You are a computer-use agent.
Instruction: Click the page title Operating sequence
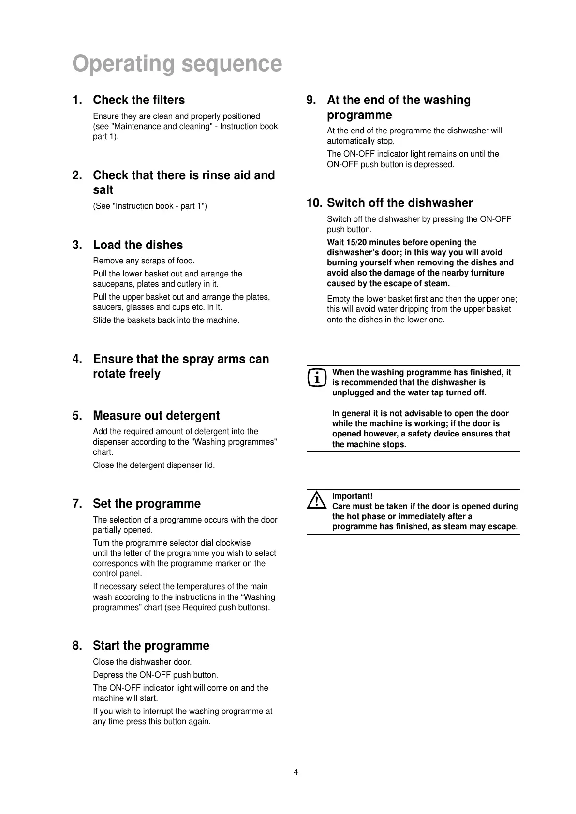point(177,64)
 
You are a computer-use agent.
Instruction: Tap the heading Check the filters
point(139,100)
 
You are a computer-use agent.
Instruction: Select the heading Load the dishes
point(138,245)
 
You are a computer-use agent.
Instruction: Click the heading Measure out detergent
point(156,416)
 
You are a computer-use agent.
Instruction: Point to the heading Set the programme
point(147,504)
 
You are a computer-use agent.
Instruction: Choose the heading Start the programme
point(151,646)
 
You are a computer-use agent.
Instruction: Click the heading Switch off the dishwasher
point(399,203)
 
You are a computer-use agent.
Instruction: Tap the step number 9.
point(311,100)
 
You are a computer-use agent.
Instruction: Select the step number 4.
point(77,359)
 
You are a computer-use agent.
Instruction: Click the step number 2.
point(77,175)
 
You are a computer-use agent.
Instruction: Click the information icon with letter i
point(316,378)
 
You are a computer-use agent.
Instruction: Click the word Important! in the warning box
point(352,496)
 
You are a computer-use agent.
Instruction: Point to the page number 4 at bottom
point(296,772)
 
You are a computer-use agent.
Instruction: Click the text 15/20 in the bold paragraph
point(358,242)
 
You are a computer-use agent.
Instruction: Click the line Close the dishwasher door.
point(142,662)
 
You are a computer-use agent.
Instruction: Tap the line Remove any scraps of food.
point(144,261)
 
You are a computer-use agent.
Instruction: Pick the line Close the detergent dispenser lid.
point(154,465)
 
